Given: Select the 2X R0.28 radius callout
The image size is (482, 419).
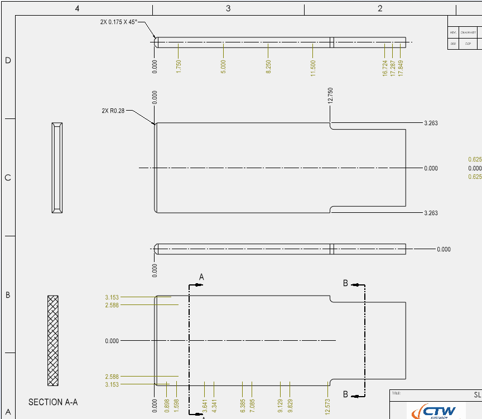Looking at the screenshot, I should (x=113, y=111).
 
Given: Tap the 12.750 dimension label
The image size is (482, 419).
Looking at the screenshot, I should (x=330, y=96).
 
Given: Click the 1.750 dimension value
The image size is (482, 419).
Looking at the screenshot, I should (x=179, y=66).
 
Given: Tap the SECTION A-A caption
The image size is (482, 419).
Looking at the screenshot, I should (x=53, y=402).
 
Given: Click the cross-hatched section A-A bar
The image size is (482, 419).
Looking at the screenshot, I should (x=53, y=340).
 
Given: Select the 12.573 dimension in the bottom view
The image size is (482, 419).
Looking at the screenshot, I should (x=327, y=405).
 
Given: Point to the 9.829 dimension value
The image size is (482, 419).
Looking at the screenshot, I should (x=290, y=405).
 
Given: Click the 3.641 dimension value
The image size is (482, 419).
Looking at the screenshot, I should (x=205, y=405).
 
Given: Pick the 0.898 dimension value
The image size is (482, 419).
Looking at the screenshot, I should (x=167, y=406).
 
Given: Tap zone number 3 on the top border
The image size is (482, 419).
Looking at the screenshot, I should (x=228, y=8).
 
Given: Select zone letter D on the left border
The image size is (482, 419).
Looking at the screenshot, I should (x=8, y=60).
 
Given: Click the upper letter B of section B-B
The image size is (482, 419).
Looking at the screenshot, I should (x=346, y=283).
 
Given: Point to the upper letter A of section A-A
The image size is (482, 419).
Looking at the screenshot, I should (x=202, y=277).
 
